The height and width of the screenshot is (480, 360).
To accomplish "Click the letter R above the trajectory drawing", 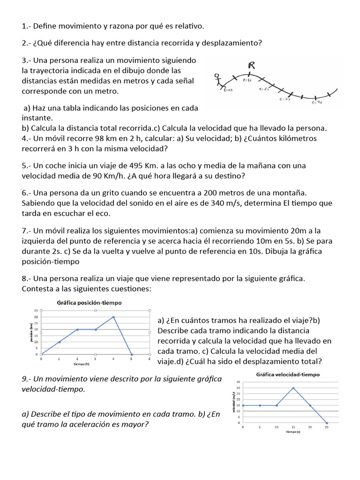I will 252,66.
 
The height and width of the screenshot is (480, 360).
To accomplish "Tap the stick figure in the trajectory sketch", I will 217,80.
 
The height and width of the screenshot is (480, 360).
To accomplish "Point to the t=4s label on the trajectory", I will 317,102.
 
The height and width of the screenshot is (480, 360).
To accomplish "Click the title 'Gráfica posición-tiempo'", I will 89,303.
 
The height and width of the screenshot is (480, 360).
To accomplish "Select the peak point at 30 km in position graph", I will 113,317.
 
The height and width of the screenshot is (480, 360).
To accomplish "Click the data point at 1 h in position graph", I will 60,342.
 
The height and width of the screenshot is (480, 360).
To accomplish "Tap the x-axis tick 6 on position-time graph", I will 149,359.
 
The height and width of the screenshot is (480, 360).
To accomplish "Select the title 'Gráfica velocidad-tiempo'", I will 288,375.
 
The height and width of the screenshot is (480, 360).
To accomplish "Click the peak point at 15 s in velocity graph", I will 293,388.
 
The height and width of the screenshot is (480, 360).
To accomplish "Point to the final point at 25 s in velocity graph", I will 327,423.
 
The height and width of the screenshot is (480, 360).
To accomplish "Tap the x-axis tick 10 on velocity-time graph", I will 277,427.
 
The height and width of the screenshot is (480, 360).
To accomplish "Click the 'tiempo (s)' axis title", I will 293,432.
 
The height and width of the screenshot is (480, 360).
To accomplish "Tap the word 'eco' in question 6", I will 103,213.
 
